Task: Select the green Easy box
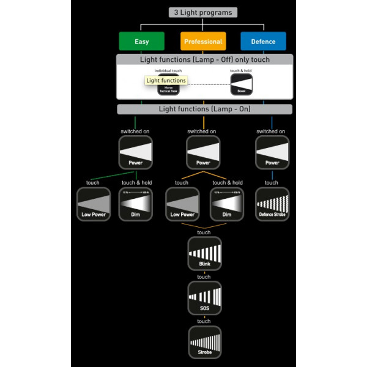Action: (141, 42)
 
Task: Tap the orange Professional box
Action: (203, 42)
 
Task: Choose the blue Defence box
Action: (263, 42)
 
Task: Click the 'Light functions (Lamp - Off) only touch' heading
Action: (205, 59)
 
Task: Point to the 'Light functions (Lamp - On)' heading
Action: (205, 109)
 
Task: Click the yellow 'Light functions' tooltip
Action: (166, 80)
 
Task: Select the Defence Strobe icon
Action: (272, 204)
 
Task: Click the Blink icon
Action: (204, 253)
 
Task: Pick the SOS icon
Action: (204, 298)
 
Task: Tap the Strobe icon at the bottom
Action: (204, 342)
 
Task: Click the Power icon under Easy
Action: (136, 152)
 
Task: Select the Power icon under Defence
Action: (272, 152)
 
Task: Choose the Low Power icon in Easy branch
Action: (94, 204)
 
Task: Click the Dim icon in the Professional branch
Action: (227, 204)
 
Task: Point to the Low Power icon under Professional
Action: (182, 204)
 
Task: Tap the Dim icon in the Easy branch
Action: (136, 204)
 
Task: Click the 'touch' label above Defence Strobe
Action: (272, 183)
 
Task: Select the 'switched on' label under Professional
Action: (202, 132)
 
